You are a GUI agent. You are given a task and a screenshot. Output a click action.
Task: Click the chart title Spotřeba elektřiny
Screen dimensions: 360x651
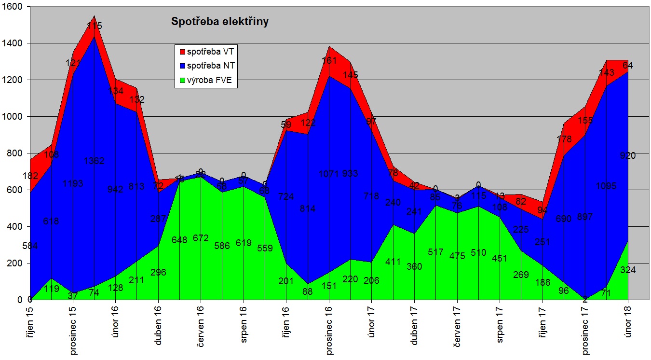click(x=220, y=22)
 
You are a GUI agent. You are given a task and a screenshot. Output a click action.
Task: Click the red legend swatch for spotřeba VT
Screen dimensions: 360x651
click(x=182, y=51)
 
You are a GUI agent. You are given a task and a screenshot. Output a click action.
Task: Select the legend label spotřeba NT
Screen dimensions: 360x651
click(x=211, y=66)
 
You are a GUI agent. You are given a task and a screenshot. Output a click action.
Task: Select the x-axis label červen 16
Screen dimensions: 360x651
click(x=201, y=328)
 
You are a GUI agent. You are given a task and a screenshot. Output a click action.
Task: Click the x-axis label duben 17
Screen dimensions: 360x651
click(x=414, y=326)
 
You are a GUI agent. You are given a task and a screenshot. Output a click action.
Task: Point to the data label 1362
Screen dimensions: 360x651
click(x=94, y=161)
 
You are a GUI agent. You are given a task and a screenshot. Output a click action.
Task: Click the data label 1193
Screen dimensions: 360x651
click(x=73, y=183)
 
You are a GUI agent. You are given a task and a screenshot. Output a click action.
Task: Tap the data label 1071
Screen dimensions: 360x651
click(x=329, y=174)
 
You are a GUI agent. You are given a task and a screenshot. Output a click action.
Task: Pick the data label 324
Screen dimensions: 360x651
click(x=628, y=270)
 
